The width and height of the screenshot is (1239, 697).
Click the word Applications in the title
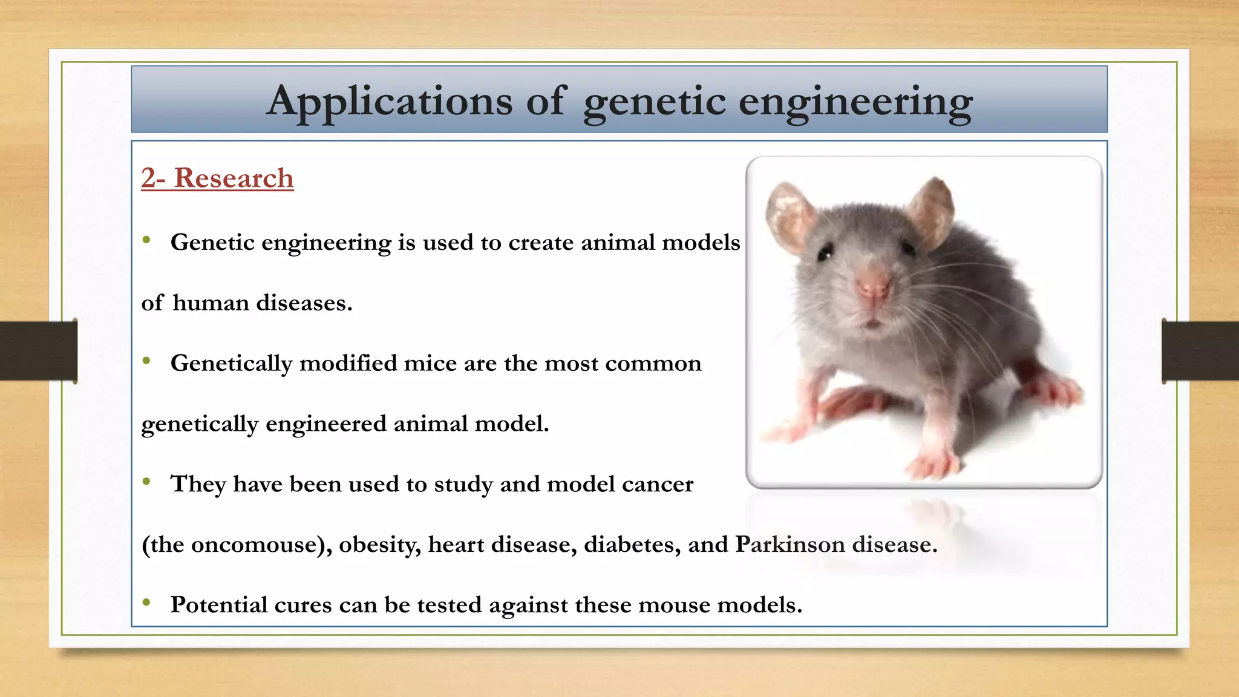(x=390, y=101)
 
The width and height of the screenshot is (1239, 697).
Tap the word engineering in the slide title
(x=855, y=101)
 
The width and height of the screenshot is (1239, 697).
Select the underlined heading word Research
(x=234, y=178)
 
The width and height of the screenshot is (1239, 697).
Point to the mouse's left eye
(x=825, y=252)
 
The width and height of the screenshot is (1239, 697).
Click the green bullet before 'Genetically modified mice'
(x=146, y=361)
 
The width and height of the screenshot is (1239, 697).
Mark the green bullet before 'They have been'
(x=146, y=482)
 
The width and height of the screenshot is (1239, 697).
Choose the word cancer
(x=658, y=485)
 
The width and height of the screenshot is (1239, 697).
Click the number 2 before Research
(x=149, y=178)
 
